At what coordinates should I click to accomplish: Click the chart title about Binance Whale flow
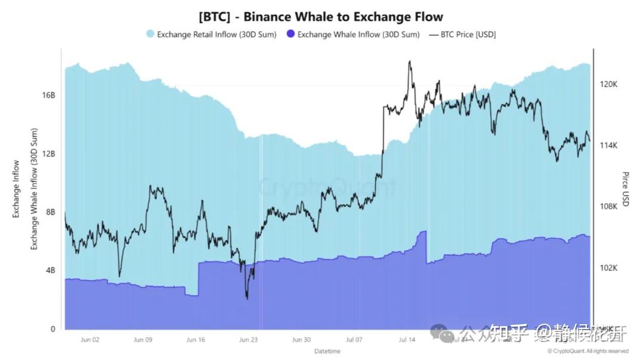coord(321,16)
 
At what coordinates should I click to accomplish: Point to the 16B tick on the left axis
coord(49,95)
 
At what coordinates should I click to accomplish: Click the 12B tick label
coord(49,154)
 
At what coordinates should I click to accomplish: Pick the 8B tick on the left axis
coord(50,212)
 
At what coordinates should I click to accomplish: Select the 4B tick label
coord(50,271)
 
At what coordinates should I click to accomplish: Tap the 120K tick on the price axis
coord(608,85)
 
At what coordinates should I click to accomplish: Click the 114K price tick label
coord(608,145)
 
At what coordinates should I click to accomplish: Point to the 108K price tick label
coord(608,207)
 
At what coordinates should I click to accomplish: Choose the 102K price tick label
coord(608,268)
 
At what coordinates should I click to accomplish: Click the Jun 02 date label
coord(90,340)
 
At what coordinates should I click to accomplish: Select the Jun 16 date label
coord(196,340)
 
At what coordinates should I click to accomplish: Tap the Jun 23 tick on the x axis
coord(248,340)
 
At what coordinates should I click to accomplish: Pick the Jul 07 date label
coord(354,340)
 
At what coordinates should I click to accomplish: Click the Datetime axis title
coord(328,350)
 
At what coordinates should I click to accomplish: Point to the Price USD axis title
coord(626,189)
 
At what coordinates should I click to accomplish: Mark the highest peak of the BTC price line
coord(410,61)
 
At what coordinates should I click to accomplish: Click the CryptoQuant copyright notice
coord(587,351)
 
